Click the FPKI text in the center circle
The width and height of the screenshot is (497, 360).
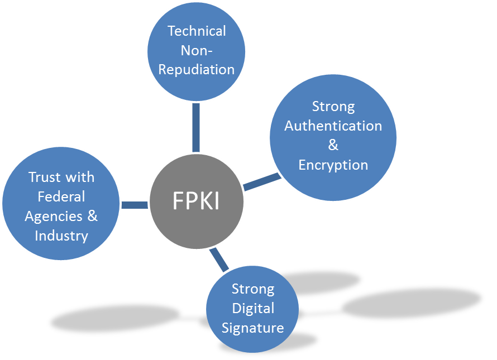[x=195, y=201]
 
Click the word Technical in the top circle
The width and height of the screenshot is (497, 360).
[x=197, y=31]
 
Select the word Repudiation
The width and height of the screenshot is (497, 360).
[x=197, y=70]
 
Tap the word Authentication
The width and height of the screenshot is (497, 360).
[x=333, y=126]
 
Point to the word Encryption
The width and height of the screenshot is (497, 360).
[x=333, y=165]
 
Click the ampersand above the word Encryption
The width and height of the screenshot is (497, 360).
[x=333, y=145]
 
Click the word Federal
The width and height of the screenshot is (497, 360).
[x=61, y=196]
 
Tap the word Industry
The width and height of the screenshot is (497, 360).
[x=61, y=236]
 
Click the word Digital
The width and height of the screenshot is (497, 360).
[x=253, y=308]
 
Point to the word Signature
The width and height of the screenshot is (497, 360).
[x=253, y=328]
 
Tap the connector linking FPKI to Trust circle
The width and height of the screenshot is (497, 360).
[x=134, y=205]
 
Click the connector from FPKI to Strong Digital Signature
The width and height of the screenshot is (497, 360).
[x=219, y=260]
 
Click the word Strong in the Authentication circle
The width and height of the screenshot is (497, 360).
[x=333, y=106]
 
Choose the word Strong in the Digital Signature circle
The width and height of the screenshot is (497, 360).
[x=253, y=289]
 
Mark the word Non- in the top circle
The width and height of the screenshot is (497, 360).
[x=197, y=50]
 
